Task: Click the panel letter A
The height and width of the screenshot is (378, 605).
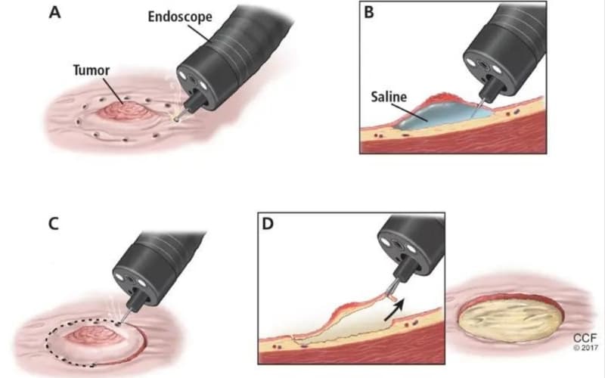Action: coord(54,12)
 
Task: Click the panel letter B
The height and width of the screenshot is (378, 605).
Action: coord(369,12)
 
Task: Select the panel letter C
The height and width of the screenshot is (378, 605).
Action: coord(54,223)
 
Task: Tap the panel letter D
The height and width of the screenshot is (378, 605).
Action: coord(268,223)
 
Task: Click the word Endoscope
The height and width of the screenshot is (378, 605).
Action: coord(180,17)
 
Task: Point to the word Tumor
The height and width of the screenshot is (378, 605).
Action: coord(92,70)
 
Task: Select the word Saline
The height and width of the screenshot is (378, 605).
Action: coord(389,97)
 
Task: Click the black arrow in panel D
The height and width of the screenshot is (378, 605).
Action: coord(394,309)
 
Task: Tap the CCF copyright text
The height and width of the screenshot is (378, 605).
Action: coord(585,342)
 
